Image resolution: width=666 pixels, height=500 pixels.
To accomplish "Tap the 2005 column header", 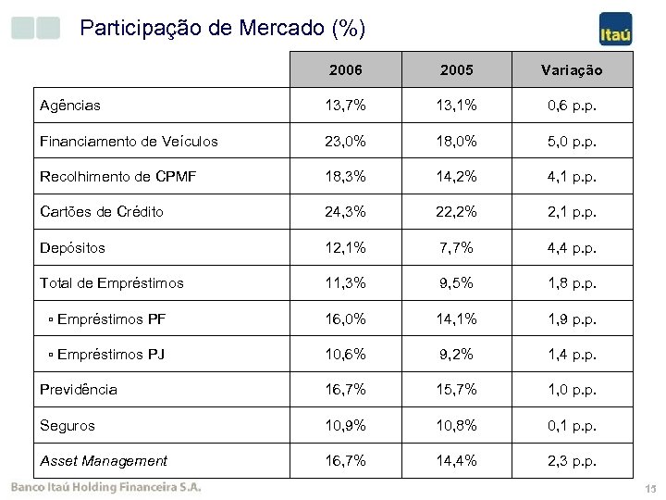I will (x=457, y=69).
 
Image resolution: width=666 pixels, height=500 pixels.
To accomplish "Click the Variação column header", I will (x=572, y=70).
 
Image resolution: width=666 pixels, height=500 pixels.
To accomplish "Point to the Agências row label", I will (x=70, y=106).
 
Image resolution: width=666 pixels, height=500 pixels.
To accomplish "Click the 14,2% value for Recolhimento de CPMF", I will (x=457, y=176).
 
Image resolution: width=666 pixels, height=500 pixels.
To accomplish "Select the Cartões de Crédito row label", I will (x=102, y=212).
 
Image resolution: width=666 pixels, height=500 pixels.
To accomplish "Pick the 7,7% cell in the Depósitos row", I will (x=457, y=247).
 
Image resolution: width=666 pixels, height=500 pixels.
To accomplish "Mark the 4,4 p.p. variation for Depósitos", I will (x=572, y=247).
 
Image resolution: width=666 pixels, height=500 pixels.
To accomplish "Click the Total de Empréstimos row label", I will (x=112, y=282).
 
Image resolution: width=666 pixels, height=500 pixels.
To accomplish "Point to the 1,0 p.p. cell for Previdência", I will (x=572, y=390).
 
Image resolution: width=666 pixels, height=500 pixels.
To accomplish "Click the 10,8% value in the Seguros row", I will (x=457, y=425).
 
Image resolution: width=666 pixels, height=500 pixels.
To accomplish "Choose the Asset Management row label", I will (x=104, y=460).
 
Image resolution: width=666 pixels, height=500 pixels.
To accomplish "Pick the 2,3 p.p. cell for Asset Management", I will (x=572, y=460).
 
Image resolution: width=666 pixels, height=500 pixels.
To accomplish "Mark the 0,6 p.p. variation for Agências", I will (x=572, y=106).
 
